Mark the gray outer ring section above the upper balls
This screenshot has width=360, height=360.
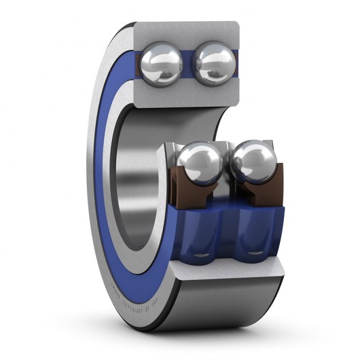[x=187, y=31]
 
